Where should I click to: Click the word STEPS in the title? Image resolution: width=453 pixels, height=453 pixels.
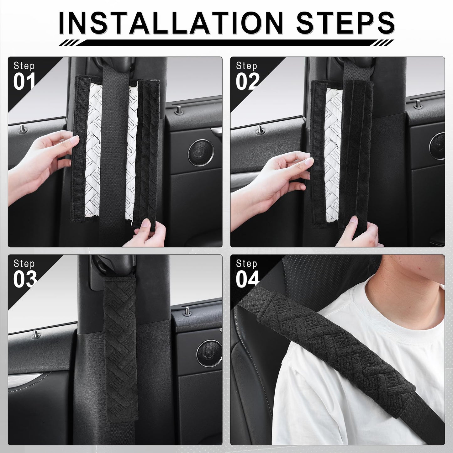345,23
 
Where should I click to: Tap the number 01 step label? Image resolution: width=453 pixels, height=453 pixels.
24,81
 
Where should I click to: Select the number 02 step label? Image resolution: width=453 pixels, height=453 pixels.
247,81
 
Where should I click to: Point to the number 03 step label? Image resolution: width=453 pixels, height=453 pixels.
25,279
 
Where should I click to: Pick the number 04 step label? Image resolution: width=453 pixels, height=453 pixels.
247,279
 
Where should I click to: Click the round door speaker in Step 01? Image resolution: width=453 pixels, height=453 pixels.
201,153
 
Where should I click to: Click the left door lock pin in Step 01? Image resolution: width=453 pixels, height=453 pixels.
23,128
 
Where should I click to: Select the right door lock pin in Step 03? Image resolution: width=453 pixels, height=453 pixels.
187,311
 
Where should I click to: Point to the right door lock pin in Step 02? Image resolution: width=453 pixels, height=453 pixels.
418,104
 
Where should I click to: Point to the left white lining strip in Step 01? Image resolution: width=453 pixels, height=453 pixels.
93,150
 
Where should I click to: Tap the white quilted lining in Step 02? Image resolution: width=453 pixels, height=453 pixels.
334,155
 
